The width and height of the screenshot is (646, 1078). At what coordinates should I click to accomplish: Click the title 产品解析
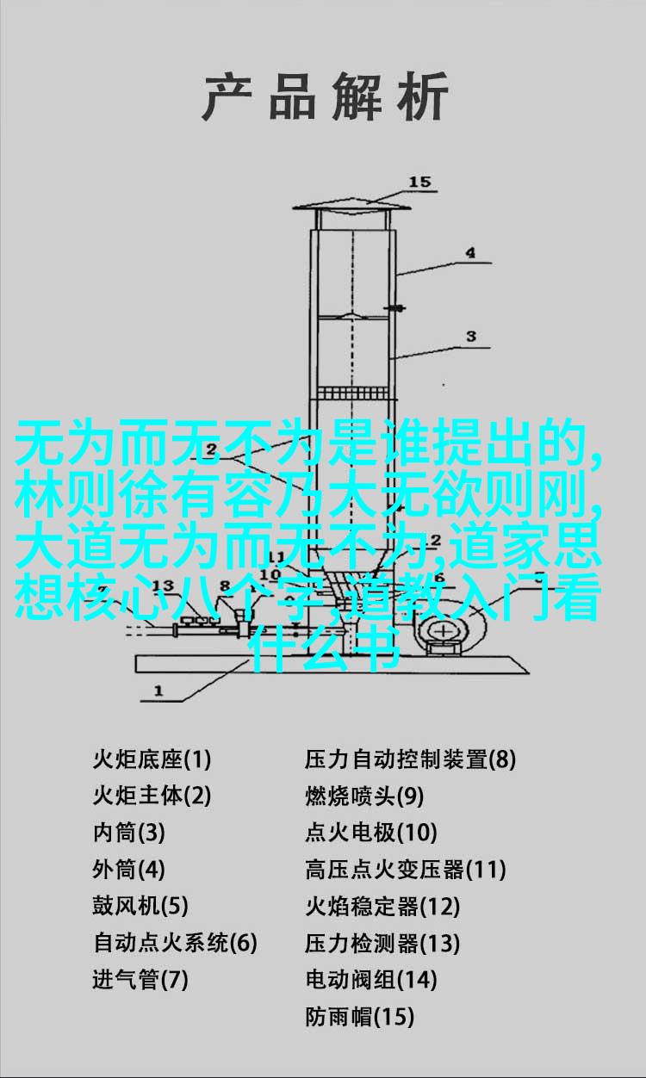coord(326,96)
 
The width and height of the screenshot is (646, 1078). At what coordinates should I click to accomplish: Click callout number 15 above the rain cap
coord(419,183)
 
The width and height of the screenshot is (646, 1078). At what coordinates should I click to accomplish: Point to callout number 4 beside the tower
coord(470,252)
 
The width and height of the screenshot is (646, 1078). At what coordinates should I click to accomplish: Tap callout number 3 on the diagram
coord(471,337)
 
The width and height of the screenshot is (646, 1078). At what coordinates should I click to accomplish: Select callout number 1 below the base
coord(158,691)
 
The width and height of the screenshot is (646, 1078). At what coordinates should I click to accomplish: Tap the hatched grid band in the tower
coord(352,393)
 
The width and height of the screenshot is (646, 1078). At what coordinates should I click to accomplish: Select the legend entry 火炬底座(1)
coord(152,759)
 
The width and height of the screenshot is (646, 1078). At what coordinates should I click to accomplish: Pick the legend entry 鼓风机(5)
coord(140,905)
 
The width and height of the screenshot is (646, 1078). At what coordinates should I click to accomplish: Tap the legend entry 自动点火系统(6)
coord(175,942)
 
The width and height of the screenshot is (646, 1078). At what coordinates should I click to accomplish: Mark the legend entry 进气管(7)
coord(140,979)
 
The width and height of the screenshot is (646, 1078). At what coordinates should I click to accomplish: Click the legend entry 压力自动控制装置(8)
coord(411,759)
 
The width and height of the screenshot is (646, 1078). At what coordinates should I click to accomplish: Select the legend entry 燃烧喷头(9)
coord(364,796)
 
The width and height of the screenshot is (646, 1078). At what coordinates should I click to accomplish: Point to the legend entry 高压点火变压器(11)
coord(406,869)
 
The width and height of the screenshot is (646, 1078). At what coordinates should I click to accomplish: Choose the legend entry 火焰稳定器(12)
coord(382,906)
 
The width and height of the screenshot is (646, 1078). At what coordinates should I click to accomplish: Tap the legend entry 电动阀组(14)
coord(371,979)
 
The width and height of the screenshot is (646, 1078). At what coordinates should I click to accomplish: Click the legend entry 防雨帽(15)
coord(359,1016)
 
